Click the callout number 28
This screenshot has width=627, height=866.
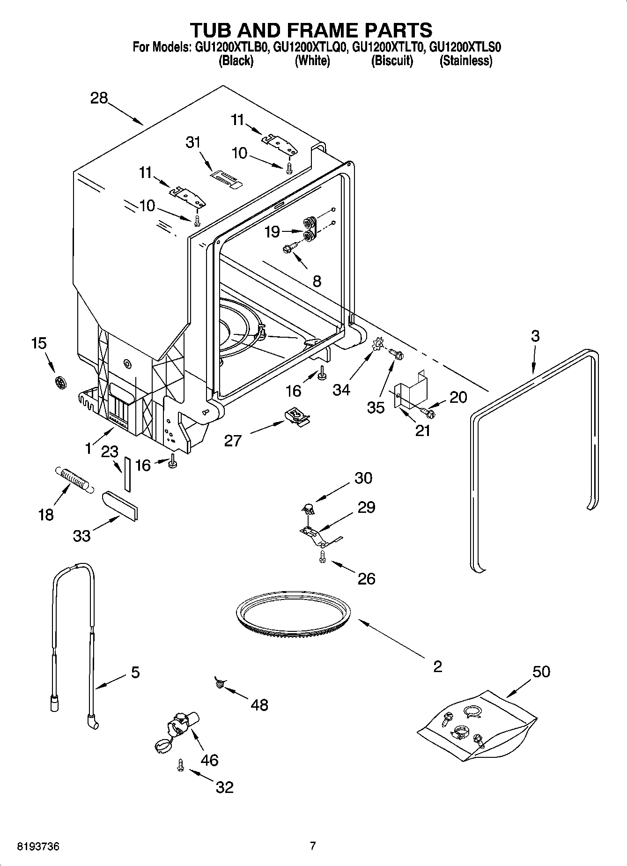pyautogui.click(x=99, y=98)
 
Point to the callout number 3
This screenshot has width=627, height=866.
pyautogui.click(x=535, y=336)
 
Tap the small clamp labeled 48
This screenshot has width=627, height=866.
pyautogui.click(x=219, y=683)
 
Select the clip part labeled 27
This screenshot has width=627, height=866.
pyautogui.click(x=296, y=414)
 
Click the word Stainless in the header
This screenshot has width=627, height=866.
pyautogui.click(x=465, y=61)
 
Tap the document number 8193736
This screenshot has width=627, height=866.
pyautogui.click(x=38, y=847)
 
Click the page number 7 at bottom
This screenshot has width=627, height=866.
pyautogui.click(x=313, y=846)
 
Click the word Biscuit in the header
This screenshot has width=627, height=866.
pyautogui.click(x=392, y=61)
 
